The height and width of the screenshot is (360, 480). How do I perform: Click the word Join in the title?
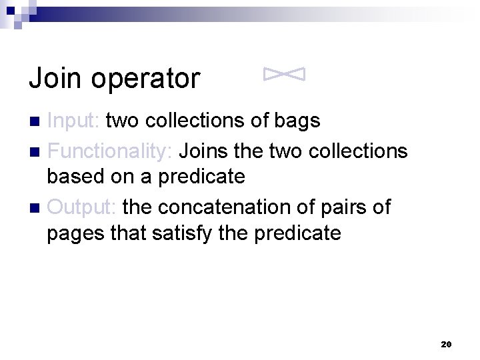[x=55, y=79]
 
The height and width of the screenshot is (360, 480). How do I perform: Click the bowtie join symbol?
[x=285, y=75]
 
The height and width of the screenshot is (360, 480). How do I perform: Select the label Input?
[x=74, y=121]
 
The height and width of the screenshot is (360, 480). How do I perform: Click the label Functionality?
[x=110, y=151]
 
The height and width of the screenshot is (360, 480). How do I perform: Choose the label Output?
[x=82, y=207]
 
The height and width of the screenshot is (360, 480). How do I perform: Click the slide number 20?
[x=447, y=344]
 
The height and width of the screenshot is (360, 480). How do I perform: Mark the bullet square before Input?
[x=37, y=121]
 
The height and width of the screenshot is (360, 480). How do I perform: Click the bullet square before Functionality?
[x=37, y=151]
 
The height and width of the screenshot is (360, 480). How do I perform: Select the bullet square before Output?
[x=37, y=207]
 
